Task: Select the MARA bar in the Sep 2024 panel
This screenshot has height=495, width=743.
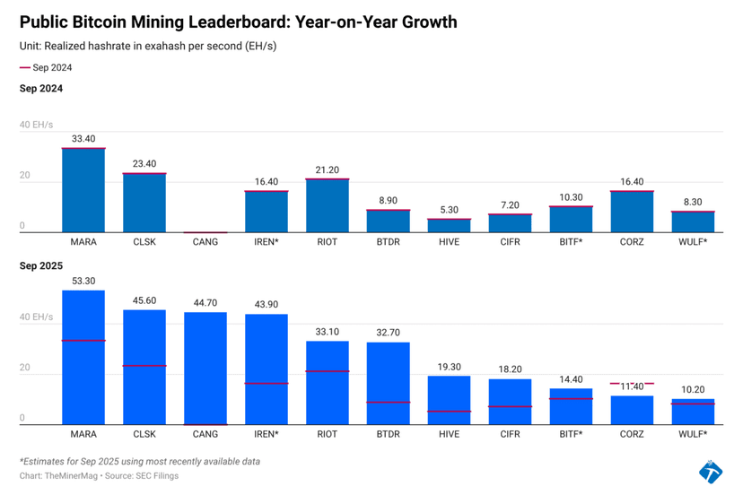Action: pos(83,190)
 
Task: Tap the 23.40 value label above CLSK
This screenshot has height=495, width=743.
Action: pos(144,164)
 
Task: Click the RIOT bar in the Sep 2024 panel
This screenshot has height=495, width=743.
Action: pos(328,205)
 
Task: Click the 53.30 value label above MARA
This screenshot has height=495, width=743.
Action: pos(83,281)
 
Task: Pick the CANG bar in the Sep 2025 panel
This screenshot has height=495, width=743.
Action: pos(205,368)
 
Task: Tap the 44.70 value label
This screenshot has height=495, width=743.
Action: pos(205,303)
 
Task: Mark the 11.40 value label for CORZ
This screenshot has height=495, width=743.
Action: pos(633,386)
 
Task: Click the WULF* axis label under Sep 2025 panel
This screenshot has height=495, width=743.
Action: pos(693,434)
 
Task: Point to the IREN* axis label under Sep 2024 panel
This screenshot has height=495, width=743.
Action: pos(267,242)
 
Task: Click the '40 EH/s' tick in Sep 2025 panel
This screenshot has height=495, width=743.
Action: pos(37,317)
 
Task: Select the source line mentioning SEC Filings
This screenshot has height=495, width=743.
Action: pos(99,475)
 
